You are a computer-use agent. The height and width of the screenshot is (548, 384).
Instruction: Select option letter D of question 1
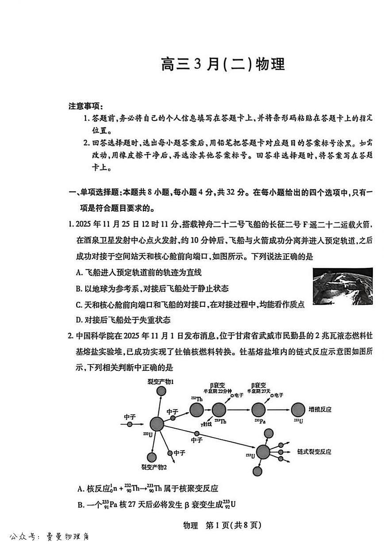(79, 320)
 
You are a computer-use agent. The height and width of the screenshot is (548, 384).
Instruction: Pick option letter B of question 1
(79, 289)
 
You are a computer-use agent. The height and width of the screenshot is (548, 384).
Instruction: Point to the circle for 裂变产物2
(152, 457)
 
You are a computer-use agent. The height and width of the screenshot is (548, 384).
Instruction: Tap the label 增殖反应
(320, 409)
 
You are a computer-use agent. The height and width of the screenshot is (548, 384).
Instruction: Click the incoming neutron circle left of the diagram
(130, 424)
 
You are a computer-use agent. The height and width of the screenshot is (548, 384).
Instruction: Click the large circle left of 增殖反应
(298, 410)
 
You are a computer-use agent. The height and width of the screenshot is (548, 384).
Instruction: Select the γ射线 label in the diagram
(206, 424)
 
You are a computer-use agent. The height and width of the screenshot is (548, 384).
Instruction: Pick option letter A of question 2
(81, 488)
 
